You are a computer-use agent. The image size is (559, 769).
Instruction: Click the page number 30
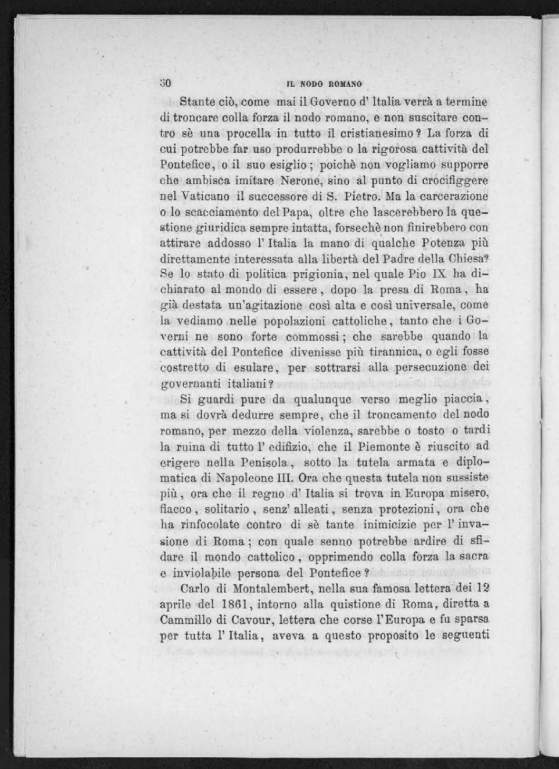click(165, 83)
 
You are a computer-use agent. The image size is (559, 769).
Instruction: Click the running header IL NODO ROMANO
click(324, 84)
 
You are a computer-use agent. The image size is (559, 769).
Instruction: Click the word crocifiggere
click(457, 181)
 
